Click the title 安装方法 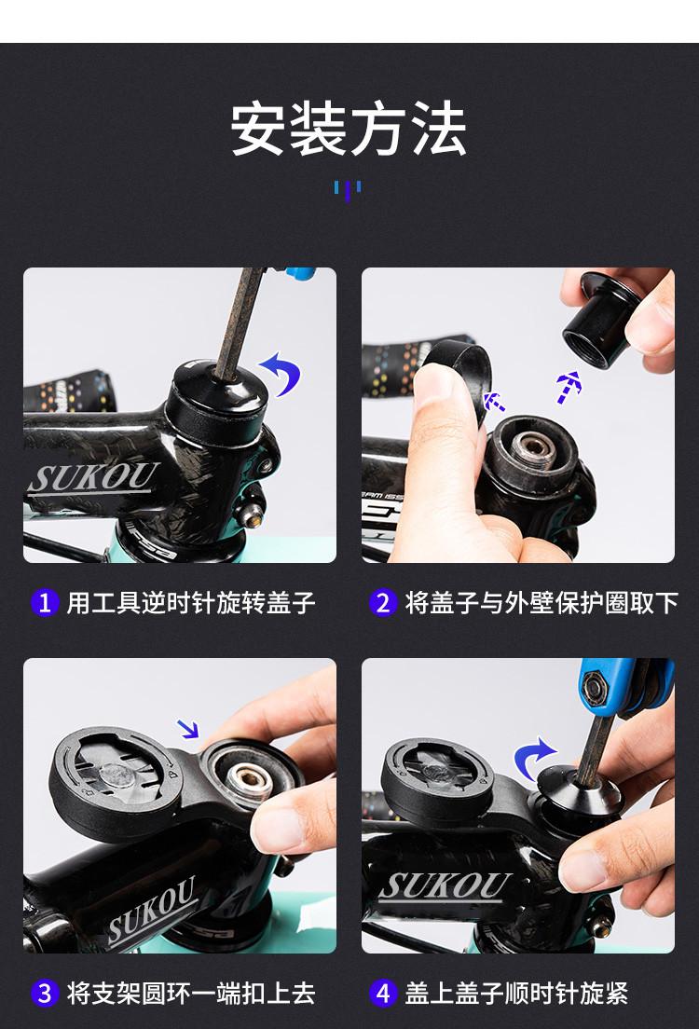point(349,129)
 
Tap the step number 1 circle point(45,602)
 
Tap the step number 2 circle point(383,602)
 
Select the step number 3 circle point(45,993)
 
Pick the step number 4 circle point(383,993)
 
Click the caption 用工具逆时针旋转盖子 point(192,602)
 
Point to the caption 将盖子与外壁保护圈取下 point(541,602)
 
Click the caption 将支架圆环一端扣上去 point(192,993)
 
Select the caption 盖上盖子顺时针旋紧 point(516,993)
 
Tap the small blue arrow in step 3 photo point(189,729)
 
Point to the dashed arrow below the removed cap point(569,387)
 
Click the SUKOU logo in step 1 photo point(93,478)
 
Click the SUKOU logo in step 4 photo point(445,886)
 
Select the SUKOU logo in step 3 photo point(152,910)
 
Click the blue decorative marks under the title point(348,190)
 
